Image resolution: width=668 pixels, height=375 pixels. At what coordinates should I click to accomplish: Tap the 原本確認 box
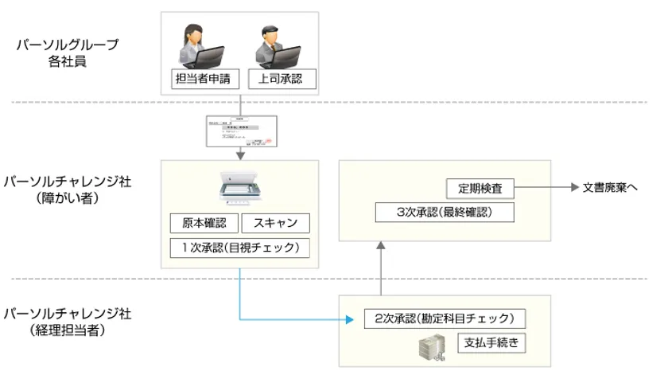click(x=202, y=225)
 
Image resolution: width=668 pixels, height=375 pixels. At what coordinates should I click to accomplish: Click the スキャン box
click(x=274, y=225)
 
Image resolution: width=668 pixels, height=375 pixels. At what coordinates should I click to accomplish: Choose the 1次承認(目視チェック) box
click(x=239, y=248)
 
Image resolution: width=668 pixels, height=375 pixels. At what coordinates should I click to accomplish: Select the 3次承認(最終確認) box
click(x=444, y=213)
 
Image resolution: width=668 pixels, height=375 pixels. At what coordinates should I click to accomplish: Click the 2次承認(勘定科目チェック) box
click(x=445, y=318)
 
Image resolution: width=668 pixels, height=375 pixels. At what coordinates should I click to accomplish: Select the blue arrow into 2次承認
click(x=294, y=319)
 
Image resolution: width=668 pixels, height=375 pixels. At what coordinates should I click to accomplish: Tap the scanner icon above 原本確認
click(x=239, y=190)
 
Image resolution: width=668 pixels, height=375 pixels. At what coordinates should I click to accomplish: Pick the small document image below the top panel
click(x=239, y=132)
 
